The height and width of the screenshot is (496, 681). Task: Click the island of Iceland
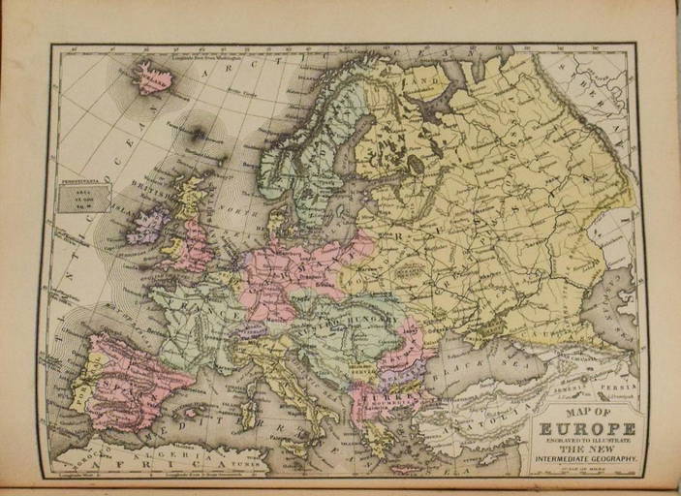pyautogui.click(x=152, y=78)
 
